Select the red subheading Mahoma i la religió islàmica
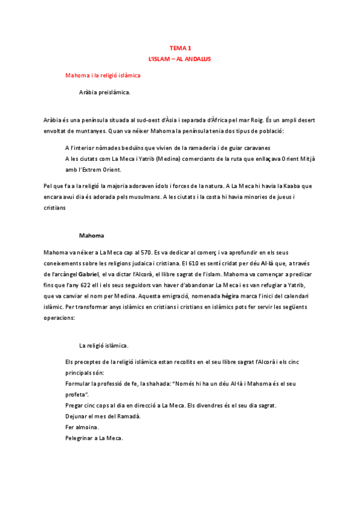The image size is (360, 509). pos(103,76)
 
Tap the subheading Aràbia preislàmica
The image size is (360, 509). pos(104,92)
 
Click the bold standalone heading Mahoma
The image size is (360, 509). pos(92,235)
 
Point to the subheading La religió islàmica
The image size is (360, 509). pos(104,346)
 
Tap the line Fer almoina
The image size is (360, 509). pos(82,427)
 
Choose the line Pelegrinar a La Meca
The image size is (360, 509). pos(94,438)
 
